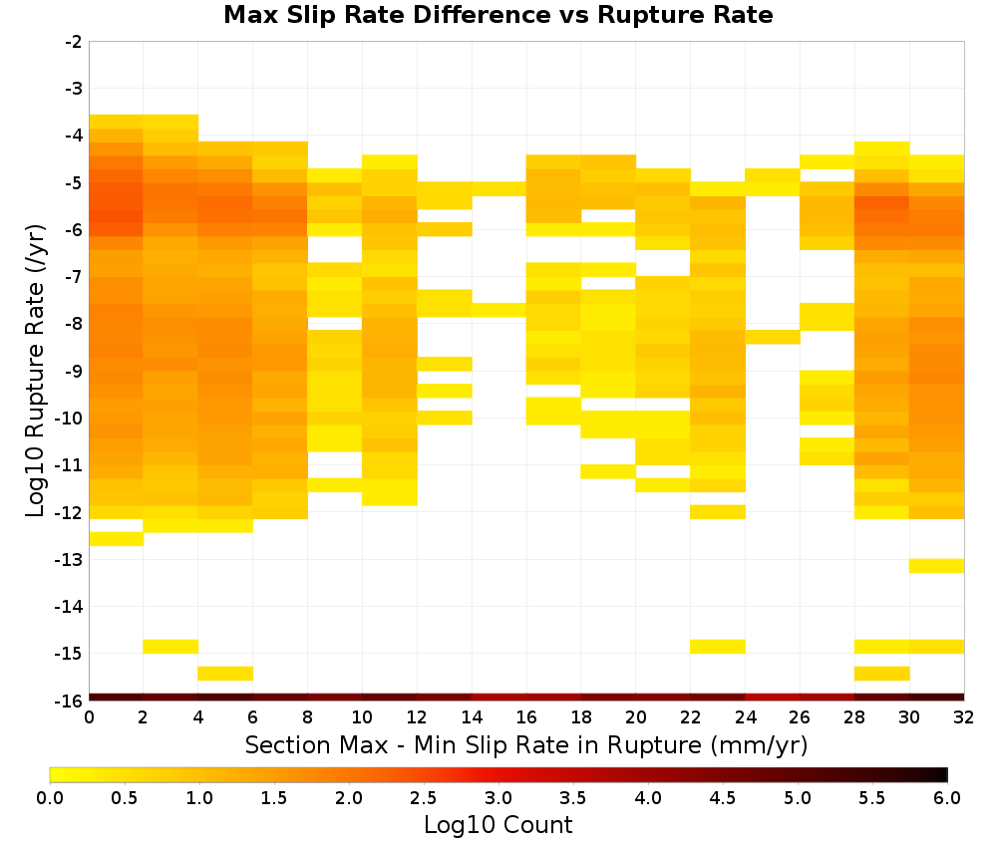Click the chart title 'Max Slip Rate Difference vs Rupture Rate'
tap(498, 15)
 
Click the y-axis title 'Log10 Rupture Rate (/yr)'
tap(36, 371)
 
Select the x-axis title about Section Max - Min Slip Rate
tap(525, 745)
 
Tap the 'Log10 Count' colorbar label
tap(498, 825)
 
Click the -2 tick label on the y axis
tap(74, 42)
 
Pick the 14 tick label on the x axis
tap(472, 717)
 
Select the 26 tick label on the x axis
tap(800, 717)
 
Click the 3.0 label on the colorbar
tap(498, 797)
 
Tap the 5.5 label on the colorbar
tap(871, 797)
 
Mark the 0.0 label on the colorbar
tap(50, 797)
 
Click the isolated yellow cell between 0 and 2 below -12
tap(117, 539)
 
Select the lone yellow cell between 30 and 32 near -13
tap(936, 566)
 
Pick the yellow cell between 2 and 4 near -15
tap(171, 646)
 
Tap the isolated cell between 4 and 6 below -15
tap(225, 673)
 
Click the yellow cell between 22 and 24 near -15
tap(718, 646)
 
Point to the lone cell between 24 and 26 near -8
tap(773, 337)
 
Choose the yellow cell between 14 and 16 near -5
tap(499, 188)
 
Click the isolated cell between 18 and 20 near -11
tap(608, 471)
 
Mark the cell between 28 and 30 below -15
tap(882, 673)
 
